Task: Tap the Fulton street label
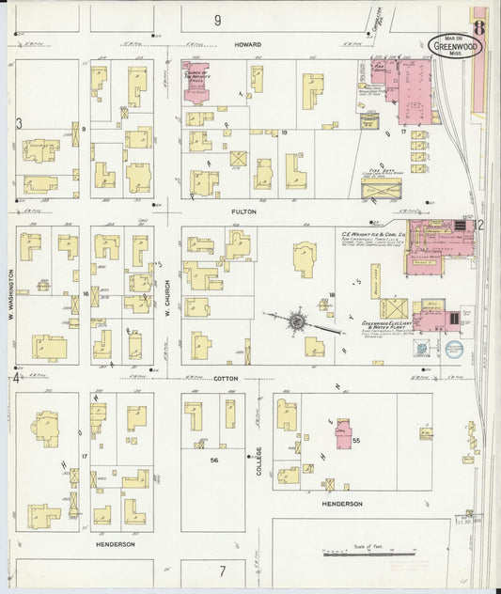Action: pos(243,212)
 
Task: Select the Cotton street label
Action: pos(225,378)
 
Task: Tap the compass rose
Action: pos(296,321)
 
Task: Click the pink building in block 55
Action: pos(343,434)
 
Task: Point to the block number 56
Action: pos(214,461)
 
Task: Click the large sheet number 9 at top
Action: pos(217,20)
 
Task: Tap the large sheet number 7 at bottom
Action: pos(223,571)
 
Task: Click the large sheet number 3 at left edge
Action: pos(19,123)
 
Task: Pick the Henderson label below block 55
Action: pos(342,504)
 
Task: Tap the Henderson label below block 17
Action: pos(115,544)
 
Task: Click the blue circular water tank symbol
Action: pos(453,348)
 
